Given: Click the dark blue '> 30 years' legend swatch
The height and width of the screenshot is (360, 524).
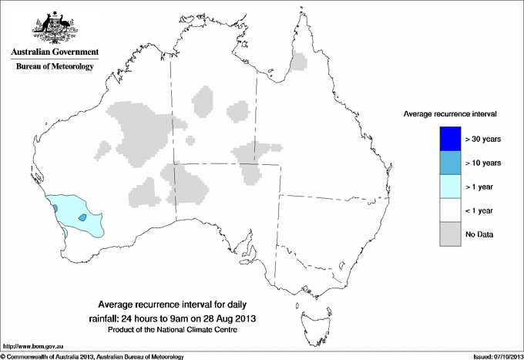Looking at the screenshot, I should pyautogui.click(x=448, y=139).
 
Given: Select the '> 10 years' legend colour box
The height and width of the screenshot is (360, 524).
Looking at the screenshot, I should pyautogui.click(x=448, y=163).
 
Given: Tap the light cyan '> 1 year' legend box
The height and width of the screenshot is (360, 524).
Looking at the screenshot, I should pyautogui.click(x=448, y=187).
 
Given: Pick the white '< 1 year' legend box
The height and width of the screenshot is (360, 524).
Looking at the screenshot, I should pyautogui.click(x=448, y=210).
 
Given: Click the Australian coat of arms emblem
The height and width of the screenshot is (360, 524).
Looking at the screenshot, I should pyautogui.click(x=54, y=25).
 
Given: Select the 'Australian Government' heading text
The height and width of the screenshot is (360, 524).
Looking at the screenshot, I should pyautogui.click(x=55, y=52).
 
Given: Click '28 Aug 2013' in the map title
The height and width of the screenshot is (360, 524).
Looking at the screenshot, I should pyautogui.click(x=228, y=318).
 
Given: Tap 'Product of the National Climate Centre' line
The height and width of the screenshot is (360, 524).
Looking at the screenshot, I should pyautogui.click(x=173, y=330).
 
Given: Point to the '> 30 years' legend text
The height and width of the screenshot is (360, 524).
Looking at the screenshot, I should pyautogui.click(x=484, y=139).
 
